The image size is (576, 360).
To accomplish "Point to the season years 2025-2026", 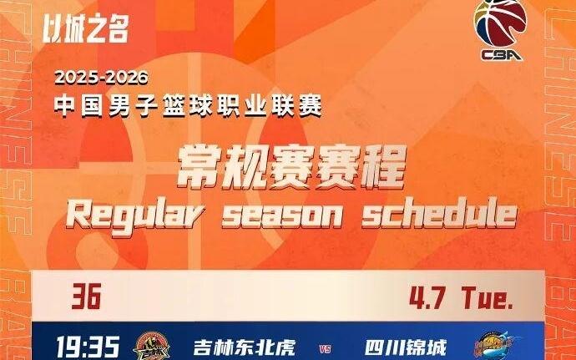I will coord(101,79).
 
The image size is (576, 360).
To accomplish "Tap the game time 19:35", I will coord(88,346).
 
